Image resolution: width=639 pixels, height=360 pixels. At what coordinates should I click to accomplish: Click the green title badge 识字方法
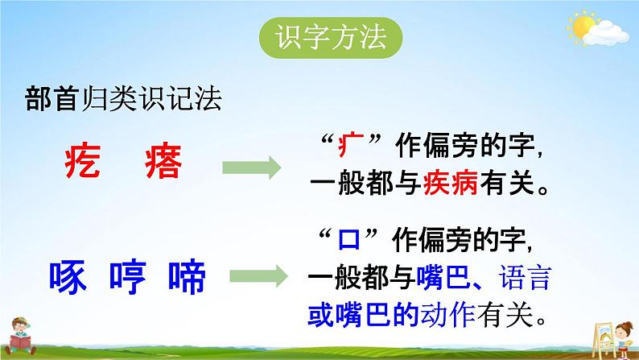pyautogui.click(x=331, y=38)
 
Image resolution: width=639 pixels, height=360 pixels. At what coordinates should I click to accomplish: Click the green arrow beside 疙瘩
pyautogui.click(x=251, y=168)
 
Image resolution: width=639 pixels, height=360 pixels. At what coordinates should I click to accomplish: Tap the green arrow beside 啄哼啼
pyautogui.click(x=259, y=276)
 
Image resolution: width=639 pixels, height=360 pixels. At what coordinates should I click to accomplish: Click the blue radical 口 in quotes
pyautogui.click(x=348, y=239)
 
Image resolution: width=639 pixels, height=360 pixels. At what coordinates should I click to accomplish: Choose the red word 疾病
pyautogui.click(x=451, y=183)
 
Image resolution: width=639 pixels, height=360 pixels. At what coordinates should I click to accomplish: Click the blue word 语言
pyautogui.click(x=526, y=277)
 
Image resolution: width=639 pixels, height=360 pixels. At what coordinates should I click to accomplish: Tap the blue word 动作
pyautogui.click(x=448, y=315)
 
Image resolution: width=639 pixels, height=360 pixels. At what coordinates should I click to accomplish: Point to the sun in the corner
pyautogui.click(x=583, y=27)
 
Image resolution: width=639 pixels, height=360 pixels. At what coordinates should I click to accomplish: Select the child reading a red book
pyautogui.click(x=19, y=336)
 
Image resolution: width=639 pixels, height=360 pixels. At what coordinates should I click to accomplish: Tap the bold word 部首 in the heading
pyautogui.click(x=52, y=99)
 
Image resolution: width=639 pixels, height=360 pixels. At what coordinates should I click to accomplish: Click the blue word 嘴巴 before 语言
pyautogui.click(x=443, y=277)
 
